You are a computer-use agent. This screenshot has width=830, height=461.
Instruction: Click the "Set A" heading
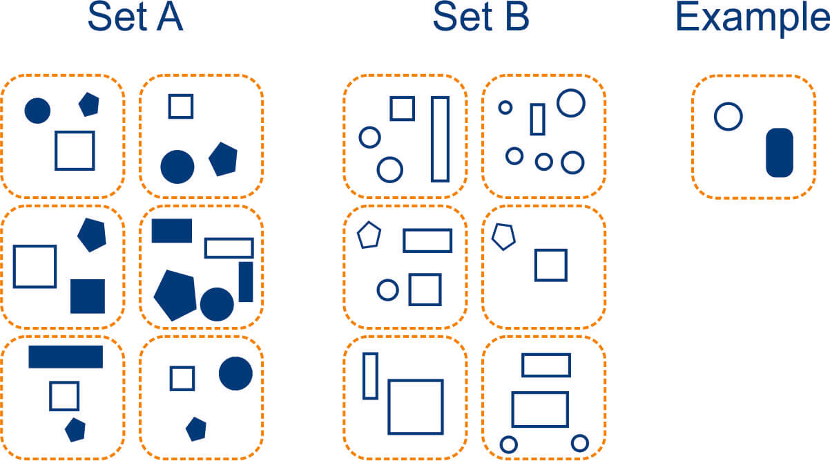pos(135,18)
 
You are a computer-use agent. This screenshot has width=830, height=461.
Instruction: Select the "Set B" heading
pos(481,18)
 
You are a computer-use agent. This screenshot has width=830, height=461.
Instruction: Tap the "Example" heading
pos(752,18)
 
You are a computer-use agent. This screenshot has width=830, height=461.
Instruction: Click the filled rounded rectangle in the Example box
pos(780,152)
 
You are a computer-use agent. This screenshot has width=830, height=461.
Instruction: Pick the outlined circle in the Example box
pos(728,116)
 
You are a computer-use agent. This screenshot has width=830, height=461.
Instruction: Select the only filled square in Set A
pos(88,296)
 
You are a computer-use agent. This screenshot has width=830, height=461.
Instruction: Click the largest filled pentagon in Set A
pos(175,294)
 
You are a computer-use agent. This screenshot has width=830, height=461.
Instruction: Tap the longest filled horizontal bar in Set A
pos(66,357)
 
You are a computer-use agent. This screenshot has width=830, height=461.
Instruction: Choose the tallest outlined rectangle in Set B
pos(440,139)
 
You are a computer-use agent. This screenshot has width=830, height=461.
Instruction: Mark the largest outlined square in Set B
pos(415,406)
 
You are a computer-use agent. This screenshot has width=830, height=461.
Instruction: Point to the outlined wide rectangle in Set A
pos(229,247)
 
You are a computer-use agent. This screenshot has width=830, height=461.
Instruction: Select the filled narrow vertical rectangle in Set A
pos(246,281)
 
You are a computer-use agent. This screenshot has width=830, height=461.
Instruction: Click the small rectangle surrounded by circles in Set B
pos(537,119)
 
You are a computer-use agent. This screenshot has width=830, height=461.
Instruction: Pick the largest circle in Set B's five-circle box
pos(571,102)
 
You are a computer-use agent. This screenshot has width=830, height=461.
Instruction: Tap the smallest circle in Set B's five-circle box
pos(505,107)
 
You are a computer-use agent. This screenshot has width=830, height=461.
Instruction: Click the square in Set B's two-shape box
pos(550,265)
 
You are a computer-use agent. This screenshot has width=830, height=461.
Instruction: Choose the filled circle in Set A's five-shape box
pos(217,304)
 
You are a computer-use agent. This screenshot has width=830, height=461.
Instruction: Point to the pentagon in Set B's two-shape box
pos(503,236)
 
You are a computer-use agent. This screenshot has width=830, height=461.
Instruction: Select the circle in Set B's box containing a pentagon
pos(388,290)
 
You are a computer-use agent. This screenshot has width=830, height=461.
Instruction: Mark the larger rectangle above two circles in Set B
pos(540,409)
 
